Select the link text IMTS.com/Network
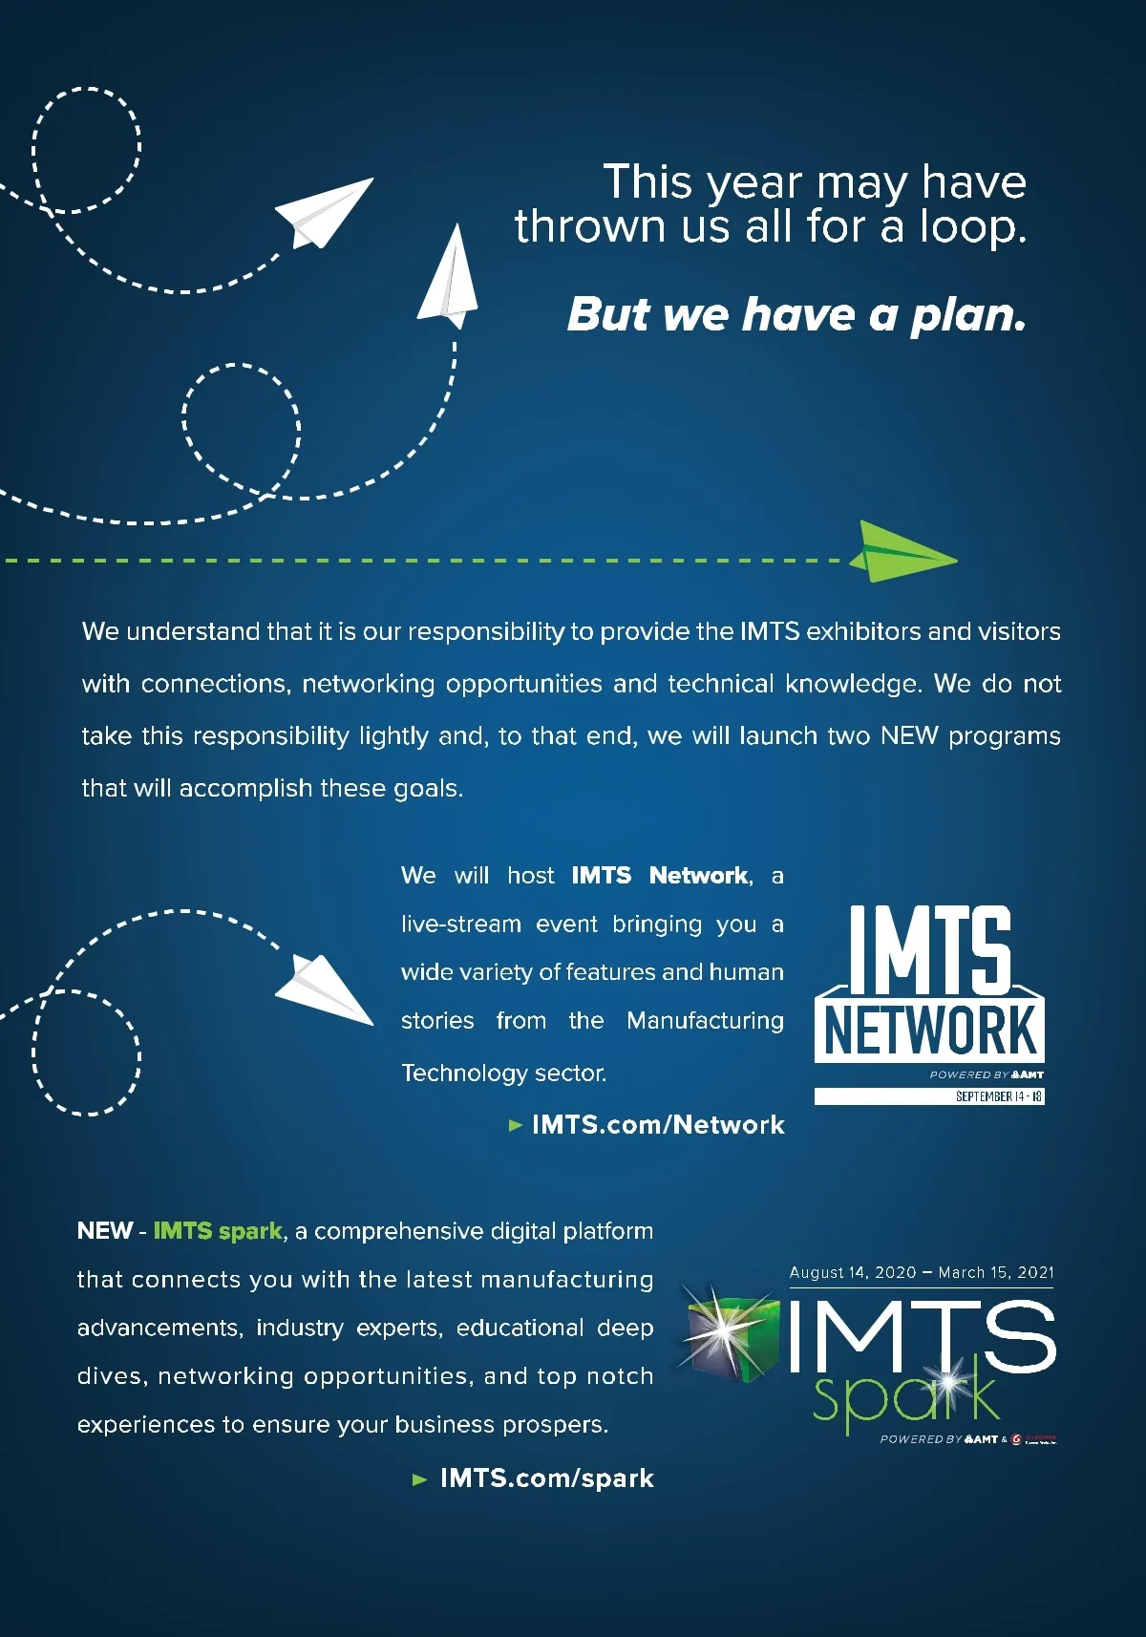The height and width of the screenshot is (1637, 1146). coord(658,1125)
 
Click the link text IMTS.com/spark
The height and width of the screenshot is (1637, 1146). coord(546,1478)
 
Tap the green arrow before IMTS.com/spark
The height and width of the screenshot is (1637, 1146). coord(419,1479)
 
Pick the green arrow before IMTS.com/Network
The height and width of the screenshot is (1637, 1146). coord(516,1125)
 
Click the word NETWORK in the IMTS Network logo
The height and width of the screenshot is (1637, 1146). coord(929,1031)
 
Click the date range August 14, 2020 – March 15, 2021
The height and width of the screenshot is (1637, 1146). coord(922,1272)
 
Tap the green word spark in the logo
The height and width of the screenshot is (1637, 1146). coord(902,1399)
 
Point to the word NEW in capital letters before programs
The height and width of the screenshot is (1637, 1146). coord(909,736)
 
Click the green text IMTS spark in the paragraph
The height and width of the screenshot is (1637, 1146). coord(218,1231)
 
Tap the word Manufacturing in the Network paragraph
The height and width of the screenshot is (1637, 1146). coord(705,1021)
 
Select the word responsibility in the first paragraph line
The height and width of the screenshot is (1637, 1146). coord(486,632)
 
